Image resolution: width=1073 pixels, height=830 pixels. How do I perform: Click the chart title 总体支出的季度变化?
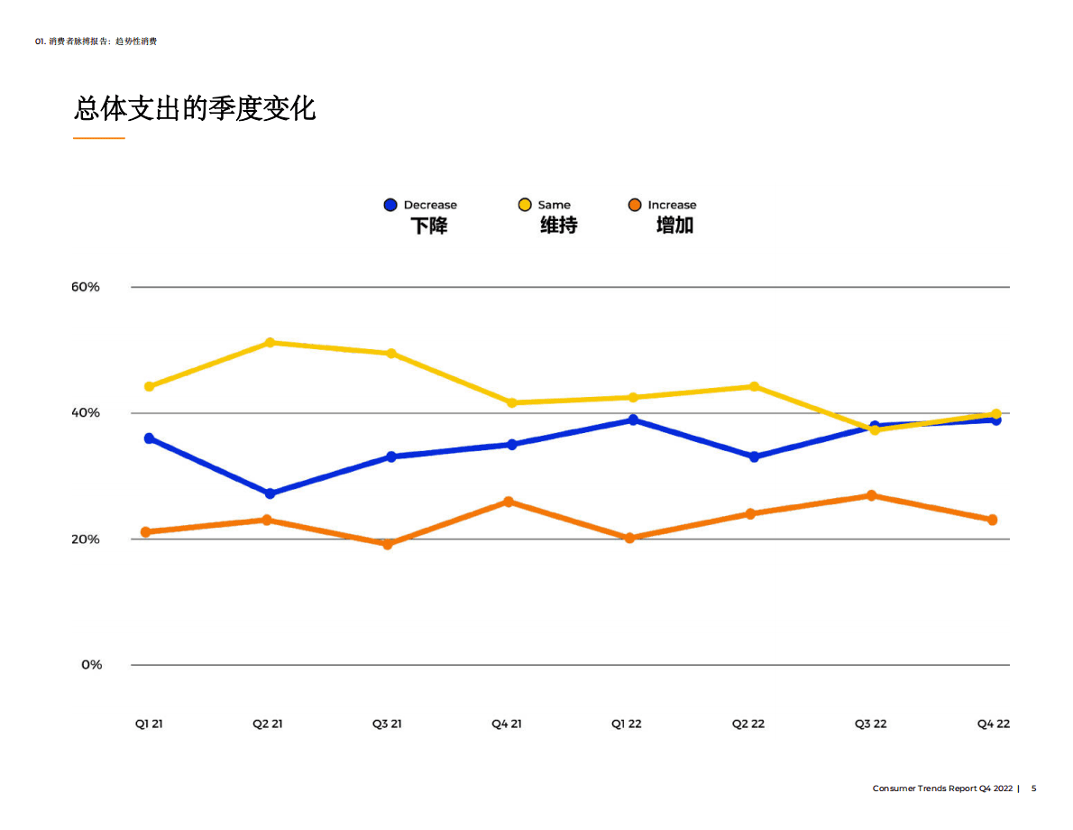pos(195,109)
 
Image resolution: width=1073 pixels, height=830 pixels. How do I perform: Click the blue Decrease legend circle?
pos(390,205)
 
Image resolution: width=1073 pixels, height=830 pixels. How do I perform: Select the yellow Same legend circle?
pos(525,205)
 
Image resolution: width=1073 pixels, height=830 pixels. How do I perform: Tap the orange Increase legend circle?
pos(635,205)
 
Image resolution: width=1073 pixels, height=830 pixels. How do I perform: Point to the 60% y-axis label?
pos(85,287)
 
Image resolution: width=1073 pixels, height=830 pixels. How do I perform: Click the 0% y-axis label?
pos(91,665)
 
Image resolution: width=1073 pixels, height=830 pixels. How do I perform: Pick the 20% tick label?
pos(85,539)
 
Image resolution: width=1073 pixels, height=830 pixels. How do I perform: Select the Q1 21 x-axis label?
pos(149,724)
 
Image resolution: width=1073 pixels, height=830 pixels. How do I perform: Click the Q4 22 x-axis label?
pos(994,724)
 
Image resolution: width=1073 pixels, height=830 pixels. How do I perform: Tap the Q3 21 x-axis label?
pos(387,724)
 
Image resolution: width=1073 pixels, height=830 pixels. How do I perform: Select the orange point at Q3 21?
pos(388,544)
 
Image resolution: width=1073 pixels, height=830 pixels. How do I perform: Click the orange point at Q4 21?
pos(509,502)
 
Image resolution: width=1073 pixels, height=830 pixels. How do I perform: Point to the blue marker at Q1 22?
pos(633,420)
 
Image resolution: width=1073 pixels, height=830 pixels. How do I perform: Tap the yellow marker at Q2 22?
pos(754,387)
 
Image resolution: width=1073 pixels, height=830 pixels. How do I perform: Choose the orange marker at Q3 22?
pos(871,495)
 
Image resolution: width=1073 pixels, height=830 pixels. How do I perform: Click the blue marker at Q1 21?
pos(150,438)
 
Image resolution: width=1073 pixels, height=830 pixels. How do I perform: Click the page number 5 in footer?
pos(1034,788)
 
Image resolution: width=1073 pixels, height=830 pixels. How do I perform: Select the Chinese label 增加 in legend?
pos(674,226)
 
